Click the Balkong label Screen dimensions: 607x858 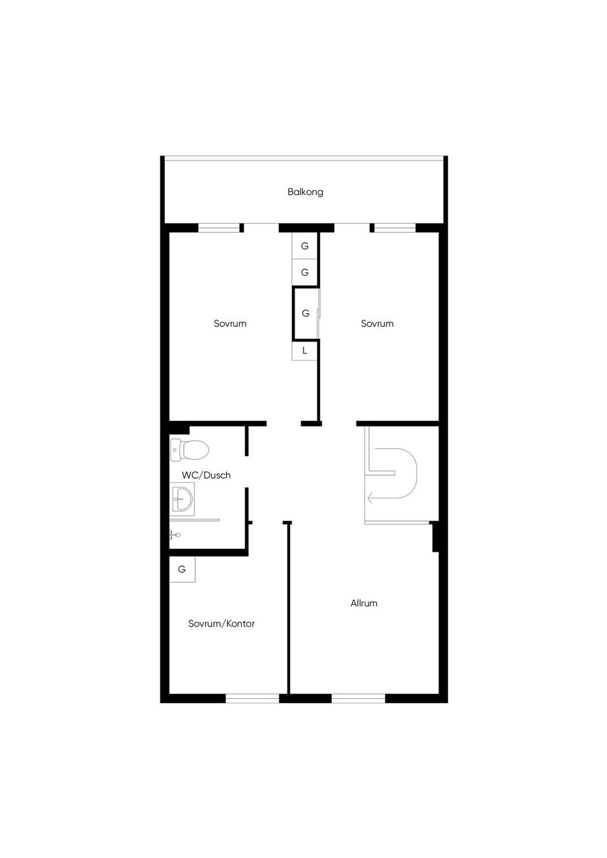click(x=305, y=192)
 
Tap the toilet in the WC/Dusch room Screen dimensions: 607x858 click(x=190, y=449)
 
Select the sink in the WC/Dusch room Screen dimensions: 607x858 click(x=182, y=499)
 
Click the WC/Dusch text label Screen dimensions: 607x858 click(x=206, y=475)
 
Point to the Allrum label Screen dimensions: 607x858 click(x=364, y=603)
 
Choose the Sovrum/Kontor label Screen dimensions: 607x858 click(x=221, y=624)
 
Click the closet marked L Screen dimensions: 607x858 click(x=305, y=351)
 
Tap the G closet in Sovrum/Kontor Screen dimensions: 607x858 click(x=182, y=570)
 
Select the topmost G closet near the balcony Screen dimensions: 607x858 click(x=305, y=246)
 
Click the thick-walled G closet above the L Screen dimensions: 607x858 click(x=306, y=313)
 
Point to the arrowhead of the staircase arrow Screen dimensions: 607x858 click(x=370, y=498)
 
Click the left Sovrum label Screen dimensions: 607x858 click(x=230, y=324)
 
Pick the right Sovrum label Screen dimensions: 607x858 click(x=378, y=324)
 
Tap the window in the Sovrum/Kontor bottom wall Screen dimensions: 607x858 click(x=253, y=698)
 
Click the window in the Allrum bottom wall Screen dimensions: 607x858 click(x=358, y=698)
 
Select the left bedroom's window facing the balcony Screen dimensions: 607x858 click(x=219, y=228)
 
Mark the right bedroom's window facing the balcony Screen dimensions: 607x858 click(x=395, y=228)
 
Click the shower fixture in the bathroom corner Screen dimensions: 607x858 click(x=175, y=534)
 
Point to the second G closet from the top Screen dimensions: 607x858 click(x=305, y=272)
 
